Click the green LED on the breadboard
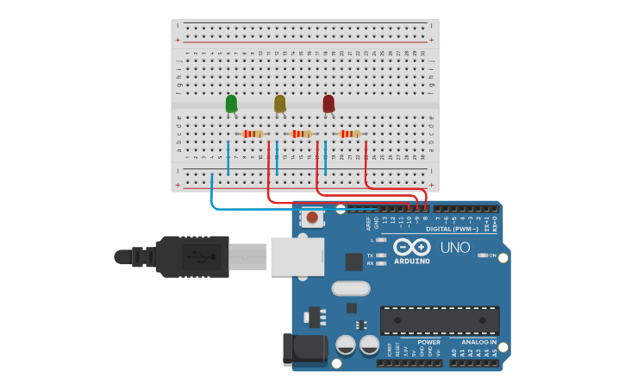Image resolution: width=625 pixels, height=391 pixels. click(x=231, y=104)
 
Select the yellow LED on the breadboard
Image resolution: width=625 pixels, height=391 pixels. click(x=279, y=104)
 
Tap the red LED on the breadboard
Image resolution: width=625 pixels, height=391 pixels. click(x=328, y=104)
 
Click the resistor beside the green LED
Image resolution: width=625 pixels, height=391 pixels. click(x=252, y=134)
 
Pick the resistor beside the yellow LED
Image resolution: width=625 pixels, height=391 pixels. click(x=301, y=134)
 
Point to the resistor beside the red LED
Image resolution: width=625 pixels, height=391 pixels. click(x=349, y=134)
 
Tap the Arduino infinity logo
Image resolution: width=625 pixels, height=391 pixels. click(x=412, y=246)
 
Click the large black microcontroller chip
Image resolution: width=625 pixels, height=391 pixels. click(x=440, y=320)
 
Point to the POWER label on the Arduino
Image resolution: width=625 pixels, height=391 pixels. click(x=428, y=343)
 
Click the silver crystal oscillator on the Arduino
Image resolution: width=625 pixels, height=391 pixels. click(x=349, y=288)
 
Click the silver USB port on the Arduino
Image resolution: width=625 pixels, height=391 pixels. click(x=297, y=256)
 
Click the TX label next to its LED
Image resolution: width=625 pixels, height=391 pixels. click(x=370, y=255)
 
